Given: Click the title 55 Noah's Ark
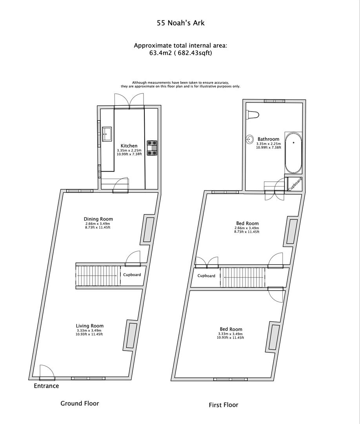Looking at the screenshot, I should click(180, 23).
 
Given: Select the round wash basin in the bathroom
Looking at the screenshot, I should click(249, 139).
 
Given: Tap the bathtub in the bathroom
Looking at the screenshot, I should click(293, 153).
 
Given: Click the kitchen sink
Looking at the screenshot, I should click(107, 134).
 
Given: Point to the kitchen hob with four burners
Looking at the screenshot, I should click(152, 148).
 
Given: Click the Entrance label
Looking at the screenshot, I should click(46, 386).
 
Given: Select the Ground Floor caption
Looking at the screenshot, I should click(80, 403).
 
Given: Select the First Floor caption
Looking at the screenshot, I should click(223, 405).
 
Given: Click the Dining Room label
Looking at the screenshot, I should click(98, 219).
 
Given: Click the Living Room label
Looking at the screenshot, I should click(89, 326).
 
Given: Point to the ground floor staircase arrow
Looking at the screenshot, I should click(97, 276).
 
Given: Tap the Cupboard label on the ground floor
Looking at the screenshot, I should click(132, 275).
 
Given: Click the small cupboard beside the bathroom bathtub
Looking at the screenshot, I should click(295, 184).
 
